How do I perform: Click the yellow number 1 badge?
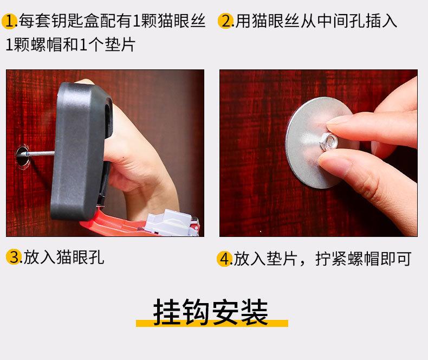(x=9, y=21)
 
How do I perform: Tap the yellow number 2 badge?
(x=225, y=21)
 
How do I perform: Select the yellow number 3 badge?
(x=14, y=257)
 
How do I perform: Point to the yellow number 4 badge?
(x=224, y=259)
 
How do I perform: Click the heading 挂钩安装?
(x=210, y=312)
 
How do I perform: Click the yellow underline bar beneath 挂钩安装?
(x=212, y=323)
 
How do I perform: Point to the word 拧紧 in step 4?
(x=332, y=259)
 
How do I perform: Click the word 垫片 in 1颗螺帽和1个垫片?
(x=120, y=44)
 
